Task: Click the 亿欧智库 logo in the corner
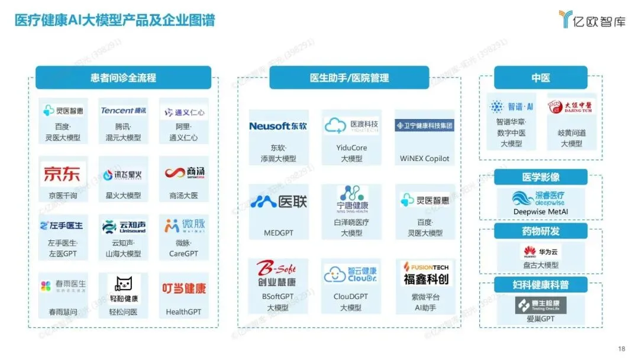coord(590,20)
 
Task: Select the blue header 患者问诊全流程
coord(123,78)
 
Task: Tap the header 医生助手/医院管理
coord(349,78)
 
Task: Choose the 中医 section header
coord(540,78)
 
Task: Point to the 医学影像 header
coord(540,177)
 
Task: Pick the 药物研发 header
coord(540,231)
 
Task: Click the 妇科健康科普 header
coord(540,285)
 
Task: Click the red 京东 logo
coord(62,174)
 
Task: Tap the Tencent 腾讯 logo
coord(123,111)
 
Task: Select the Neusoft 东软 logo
coord(277,126)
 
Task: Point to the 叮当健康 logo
coord(184,288)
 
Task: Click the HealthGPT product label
coord(183,312)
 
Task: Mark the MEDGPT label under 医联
coord(278,233)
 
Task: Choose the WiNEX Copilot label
coord(424,159)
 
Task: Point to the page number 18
coord(621,348)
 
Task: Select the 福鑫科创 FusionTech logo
coord(425,274)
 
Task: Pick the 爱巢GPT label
coord(540,319)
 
